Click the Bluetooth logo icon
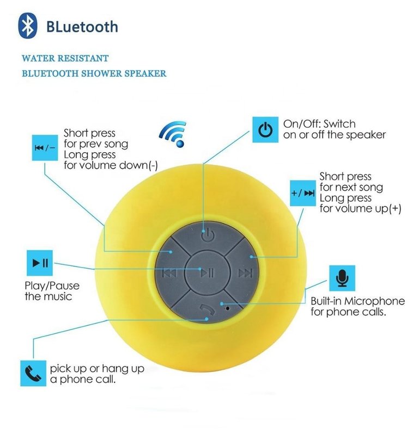[28, 25]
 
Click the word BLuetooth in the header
[82, 27]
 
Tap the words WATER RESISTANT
[65, 58]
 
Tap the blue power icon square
[265, 129]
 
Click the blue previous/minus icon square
[45, 147]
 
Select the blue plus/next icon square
[302, 193]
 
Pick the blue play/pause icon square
[40, 263]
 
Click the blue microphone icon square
[342, 278]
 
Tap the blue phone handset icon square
[33, 373]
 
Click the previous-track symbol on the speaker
[169, 274]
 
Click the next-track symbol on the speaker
[246, 274]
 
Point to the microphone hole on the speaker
[228, 308]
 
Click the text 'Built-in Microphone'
[357, 301]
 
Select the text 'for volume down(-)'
[111, 165]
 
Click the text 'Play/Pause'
[52, 286]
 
